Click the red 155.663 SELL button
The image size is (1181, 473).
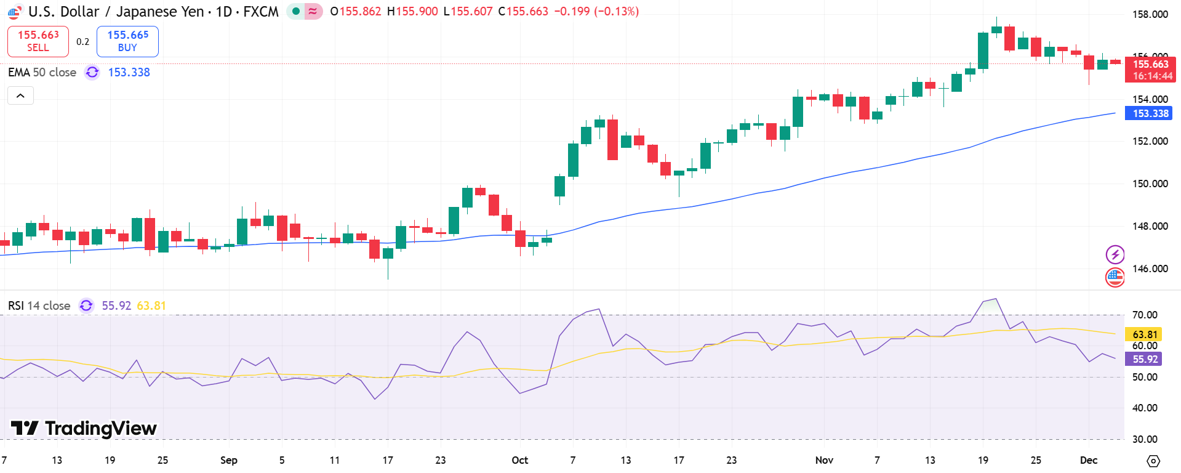pos(38,41)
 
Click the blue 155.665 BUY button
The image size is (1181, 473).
pos(127,41)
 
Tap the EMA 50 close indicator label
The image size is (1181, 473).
pos(42,72)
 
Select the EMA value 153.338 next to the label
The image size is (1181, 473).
pos(129,72)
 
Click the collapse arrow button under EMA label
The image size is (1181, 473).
pos(20,95)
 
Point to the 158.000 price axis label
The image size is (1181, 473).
pos(1150,14)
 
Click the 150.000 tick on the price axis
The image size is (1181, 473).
pos(1150,184)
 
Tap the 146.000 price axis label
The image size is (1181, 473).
pos(1150,269)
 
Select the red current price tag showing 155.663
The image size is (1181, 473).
pos(1150,69)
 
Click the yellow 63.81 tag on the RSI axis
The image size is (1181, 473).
pos(1143,334)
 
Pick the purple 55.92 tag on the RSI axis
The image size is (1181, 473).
pos(1143,359)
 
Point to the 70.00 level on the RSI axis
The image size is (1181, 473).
pos(1145,315)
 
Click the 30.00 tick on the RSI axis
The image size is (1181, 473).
pos(1145,439)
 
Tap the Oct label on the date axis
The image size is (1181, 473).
pos(519,460)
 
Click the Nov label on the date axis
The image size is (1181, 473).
pos(823,460)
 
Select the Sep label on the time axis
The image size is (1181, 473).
pos(228,460)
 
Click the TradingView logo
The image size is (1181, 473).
pos(84,428)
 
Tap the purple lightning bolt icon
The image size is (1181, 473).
pos(1115,254)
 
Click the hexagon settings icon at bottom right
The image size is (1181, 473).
pos(1153,461)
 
